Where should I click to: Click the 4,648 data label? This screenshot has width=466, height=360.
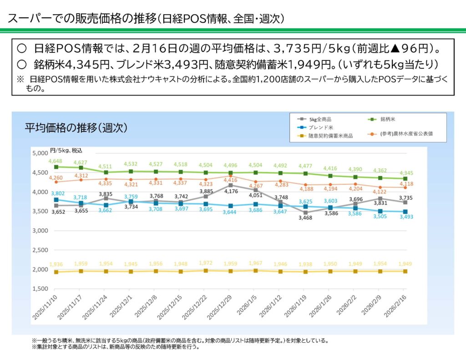pyautogui.click(x=56, y=161)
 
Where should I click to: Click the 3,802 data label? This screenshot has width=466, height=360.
pyautogui.click(x=56, y=193)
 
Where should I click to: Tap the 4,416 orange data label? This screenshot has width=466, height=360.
pyautogui.click(x=231, y=181)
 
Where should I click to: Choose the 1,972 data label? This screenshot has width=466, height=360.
pyautogui.click(x=206, y=263)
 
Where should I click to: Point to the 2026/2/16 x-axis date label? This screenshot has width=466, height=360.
pyautogui.click(x=395, y=306)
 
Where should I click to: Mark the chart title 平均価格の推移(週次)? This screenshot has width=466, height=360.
pyautogui.click(x=76, y=128)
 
